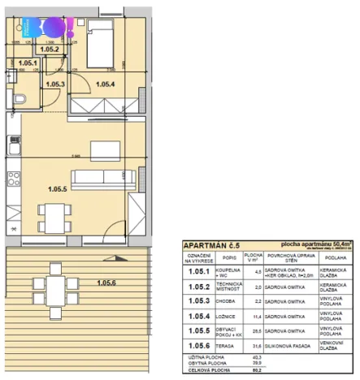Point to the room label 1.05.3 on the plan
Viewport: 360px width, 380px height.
pyautogui.click(x=55, y=83)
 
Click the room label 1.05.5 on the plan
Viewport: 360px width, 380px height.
pyautogui.click(x=58, y=189)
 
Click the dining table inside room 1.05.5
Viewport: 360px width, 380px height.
pyautogui.click(x=54, y=215)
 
